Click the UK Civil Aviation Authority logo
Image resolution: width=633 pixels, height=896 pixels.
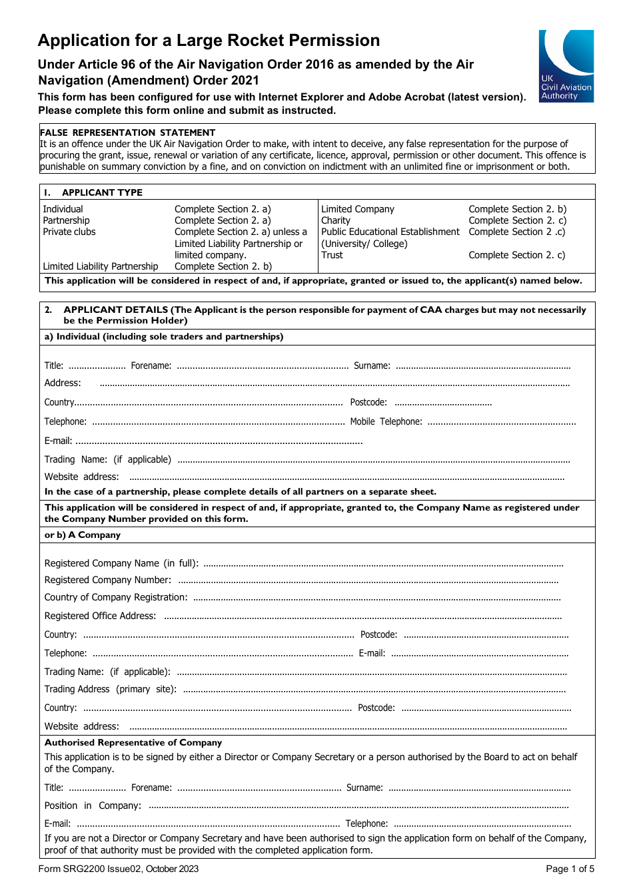pos(566,66)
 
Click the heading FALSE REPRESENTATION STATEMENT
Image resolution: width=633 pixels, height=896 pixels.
pos(127,132)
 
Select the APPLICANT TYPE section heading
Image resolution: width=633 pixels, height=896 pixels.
pos(102,192)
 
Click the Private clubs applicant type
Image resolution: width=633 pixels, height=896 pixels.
pos(69,232)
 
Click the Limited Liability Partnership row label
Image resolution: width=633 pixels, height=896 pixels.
pos(101,266)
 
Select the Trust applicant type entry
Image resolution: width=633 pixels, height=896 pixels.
pos(332,255)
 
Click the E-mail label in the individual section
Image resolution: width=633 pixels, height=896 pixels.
pos(58,441)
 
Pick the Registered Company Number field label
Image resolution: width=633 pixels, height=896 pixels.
pos(107,580)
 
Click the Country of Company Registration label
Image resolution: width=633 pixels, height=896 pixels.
pos(116,597)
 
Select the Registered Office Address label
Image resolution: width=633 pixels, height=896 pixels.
pos(100,616)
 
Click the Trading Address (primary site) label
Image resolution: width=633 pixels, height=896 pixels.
pos(110,689)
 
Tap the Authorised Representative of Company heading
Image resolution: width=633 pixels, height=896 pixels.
pos(133,742)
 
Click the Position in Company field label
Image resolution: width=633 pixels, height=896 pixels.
pos(93,805)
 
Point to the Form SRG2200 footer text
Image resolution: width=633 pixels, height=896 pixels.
pos(119,869)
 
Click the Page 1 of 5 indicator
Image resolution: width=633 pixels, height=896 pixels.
pos(570,869)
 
